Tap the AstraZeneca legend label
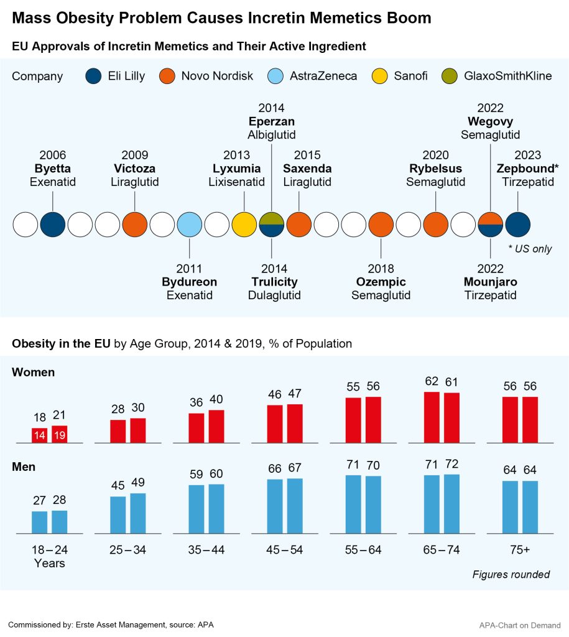pos(323,77)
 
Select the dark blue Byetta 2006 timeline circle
pos(53,224)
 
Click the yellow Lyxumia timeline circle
pos(244,224)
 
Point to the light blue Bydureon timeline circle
pos(190,224)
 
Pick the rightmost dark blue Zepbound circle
pos(517,224)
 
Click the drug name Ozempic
pos(381,282)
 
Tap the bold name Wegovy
pos(491,121)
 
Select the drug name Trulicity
pos(274,282)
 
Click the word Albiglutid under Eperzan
pos(271,134)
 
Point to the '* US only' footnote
pos(529,249)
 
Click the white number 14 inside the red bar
pos(40,435)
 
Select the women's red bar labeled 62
pos(432,417)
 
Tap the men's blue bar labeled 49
pos(138,513)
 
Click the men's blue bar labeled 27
pos(40,522)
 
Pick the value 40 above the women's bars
pos(216,399)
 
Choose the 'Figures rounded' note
pos(511,574)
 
